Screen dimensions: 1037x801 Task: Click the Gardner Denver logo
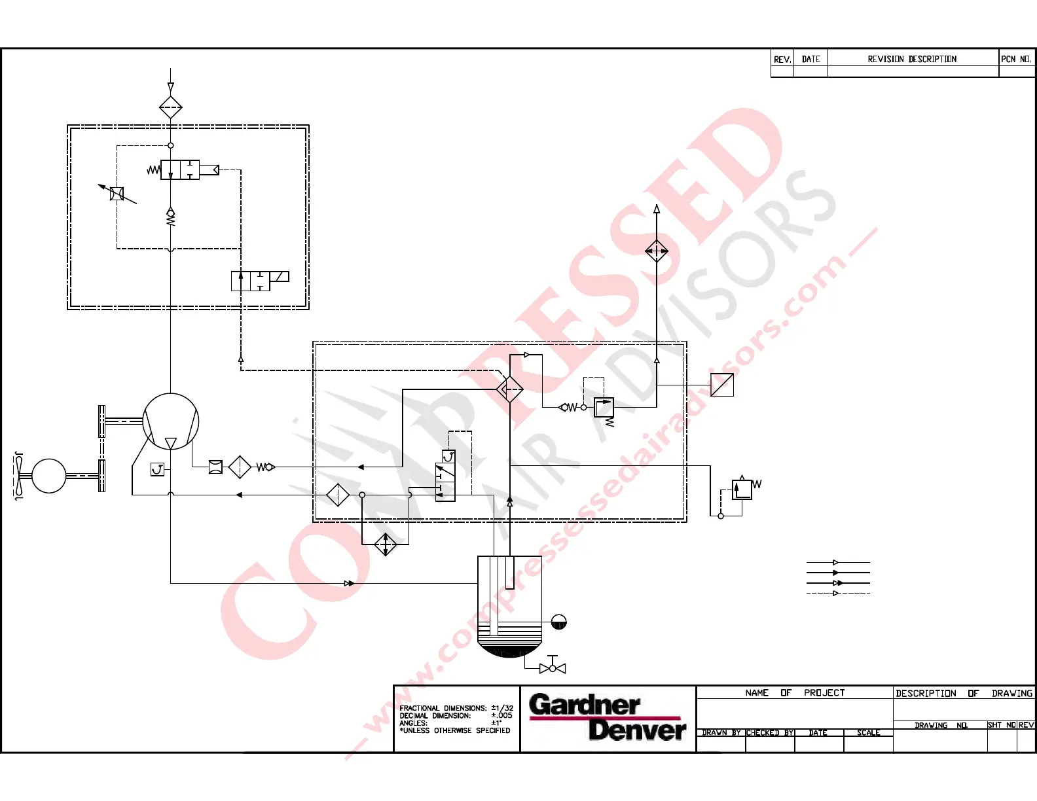point(607,717)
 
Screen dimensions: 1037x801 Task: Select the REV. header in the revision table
point(782,59)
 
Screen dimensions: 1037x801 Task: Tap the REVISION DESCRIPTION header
point(912,59)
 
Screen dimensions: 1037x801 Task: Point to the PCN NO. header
point(1015,59)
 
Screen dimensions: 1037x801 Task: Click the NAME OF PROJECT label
point(795,692)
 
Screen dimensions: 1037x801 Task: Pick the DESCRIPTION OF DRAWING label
point(964,693)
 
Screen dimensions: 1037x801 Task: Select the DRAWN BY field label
point(721,733)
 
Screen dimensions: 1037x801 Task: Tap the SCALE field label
point(868,733)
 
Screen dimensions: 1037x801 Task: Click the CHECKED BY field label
point(770,733)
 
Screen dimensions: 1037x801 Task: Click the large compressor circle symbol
point(170,421)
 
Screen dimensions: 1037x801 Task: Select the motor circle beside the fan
point(49,476)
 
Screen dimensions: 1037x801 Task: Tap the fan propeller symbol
point(19,476)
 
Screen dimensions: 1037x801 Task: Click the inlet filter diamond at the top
point(170,107)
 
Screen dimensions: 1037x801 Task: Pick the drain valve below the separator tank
point(552,668)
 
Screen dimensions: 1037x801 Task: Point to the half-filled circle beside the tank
point(558,622)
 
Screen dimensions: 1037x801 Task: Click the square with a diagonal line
point(722,385)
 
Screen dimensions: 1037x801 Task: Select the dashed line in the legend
point(838,593)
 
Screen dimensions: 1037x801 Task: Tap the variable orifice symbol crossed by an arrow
point(117,194)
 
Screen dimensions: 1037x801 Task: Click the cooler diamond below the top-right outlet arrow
point(657,251)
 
